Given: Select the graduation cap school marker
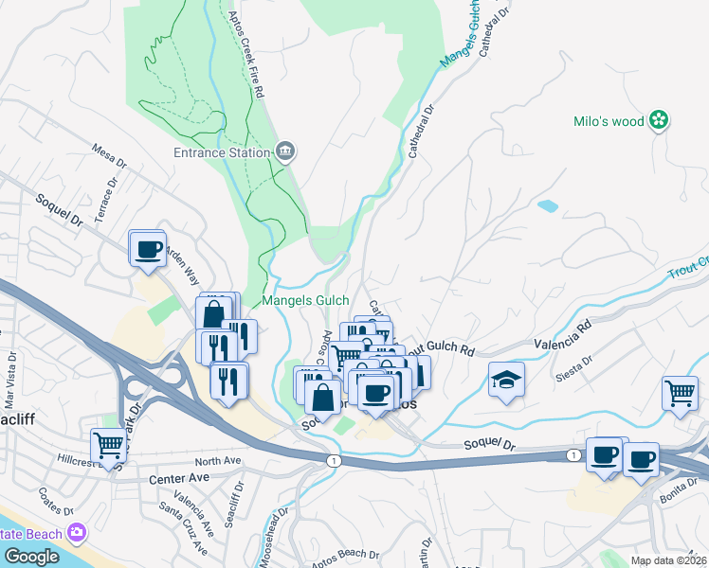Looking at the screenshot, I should (506, 380).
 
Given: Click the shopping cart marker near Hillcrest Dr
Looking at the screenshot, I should (109, 444).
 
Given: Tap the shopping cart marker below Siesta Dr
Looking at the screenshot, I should (681, 392).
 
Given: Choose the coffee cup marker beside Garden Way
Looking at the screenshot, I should (148, 249).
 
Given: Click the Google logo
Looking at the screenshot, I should (31, 557).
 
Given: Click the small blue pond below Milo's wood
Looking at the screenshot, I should (548, 205).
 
